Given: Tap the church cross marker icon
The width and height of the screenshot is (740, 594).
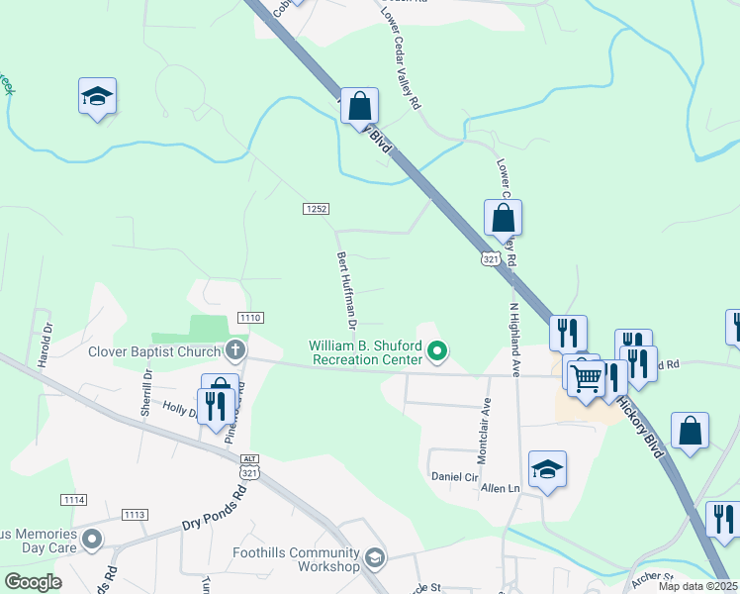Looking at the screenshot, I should pyautogui.click(x=234, y=349).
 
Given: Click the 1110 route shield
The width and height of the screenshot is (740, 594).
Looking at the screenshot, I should pyautogui.click(x=250, y=318).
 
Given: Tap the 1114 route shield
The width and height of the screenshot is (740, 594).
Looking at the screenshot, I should pyautogui.click(x=73, y=498).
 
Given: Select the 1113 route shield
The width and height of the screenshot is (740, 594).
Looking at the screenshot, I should pyautogui.click(x=135, y=515).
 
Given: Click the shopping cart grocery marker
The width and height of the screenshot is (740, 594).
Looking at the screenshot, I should pyautogui.click(x=586, y=376).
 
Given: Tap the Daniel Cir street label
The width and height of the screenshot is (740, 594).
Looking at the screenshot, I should pyautogui.click(x=454, y=476).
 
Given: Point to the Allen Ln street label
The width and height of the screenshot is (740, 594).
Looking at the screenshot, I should pyautogui.click(x=500, y=488).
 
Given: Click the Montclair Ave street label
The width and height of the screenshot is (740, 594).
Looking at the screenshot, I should pyautogui.click(x=485, y=425).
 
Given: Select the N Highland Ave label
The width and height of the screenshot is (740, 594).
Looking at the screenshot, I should pyautogui.click(x=515, y=340).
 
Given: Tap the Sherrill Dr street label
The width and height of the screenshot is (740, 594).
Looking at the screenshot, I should pyautogui.click(x=146, y=392).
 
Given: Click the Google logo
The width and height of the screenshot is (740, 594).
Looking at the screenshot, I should pyautogui.click(x=33, y=582).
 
